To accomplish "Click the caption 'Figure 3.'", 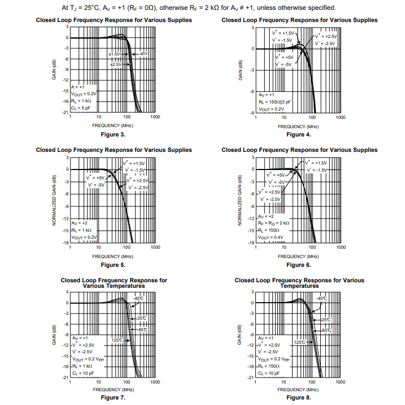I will (x=113, y=134).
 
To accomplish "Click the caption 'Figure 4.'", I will (x=299, y=134).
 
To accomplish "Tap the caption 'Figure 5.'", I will (x=113, y=265).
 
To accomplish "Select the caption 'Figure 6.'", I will (x=299, y=265).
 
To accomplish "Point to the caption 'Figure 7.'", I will (x=113, y=397).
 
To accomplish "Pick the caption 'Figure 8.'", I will (x=299, y=397).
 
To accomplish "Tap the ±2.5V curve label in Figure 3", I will (x=116, y=64).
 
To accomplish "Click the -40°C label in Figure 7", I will (x=138, y=298).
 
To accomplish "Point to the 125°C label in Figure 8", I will (x=299, y=342).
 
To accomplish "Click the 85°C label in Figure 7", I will (x=142, y=330).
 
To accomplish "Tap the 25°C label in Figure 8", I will (x=326, y=320).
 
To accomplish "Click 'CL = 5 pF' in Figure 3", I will (x=80, y=108).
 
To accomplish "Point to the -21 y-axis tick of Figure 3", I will (x=65, y=112).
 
